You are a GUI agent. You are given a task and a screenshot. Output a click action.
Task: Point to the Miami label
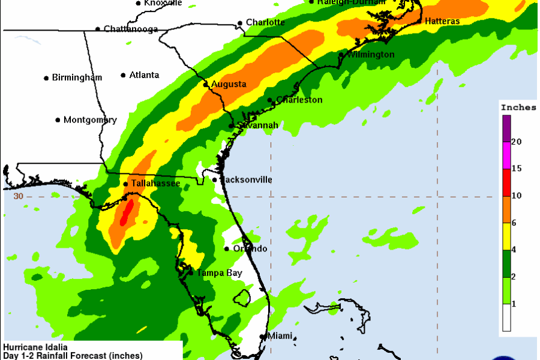click(x=280, y=336)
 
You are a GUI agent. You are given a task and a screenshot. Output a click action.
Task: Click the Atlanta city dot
click(x=123, y=75)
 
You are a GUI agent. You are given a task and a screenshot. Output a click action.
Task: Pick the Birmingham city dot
click(x=46, y=77)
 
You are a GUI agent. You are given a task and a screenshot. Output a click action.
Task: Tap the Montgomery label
click(x=90, y=120)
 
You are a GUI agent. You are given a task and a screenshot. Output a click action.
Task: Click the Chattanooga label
click(x=131, y=29)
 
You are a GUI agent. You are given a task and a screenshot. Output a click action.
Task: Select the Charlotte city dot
click(x=240, y=23)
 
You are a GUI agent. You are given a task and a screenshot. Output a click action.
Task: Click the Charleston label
click(x=299, y=100)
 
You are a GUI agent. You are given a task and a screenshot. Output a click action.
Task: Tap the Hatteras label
click(x=442, y=22)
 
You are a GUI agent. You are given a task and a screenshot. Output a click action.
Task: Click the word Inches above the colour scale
click(x=518, y=107)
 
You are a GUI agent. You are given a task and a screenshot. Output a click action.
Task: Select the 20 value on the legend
click(x=517, y=142)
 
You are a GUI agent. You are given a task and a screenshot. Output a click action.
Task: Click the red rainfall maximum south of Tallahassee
click(x=126, y=213)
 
